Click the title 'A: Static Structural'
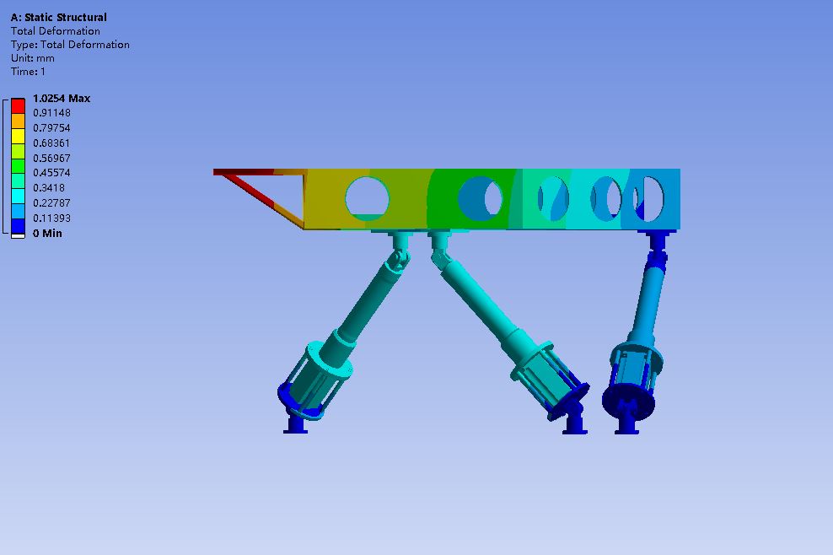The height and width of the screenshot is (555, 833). point(58,17)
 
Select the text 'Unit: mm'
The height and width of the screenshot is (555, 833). point(32,58)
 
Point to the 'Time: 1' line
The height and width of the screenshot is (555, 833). point(28,71)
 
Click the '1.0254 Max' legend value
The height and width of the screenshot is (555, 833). point(61,99)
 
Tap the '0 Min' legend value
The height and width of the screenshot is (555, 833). point(47,234)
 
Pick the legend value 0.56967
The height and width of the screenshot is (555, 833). point(51,159)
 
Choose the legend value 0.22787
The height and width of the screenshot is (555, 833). point(51,203)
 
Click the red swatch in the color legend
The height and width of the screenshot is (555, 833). point(18,105)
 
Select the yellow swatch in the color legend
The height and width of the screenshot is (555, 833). point(18,136)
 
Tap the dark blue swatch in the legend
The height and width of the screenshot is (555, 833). point(18,226)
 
